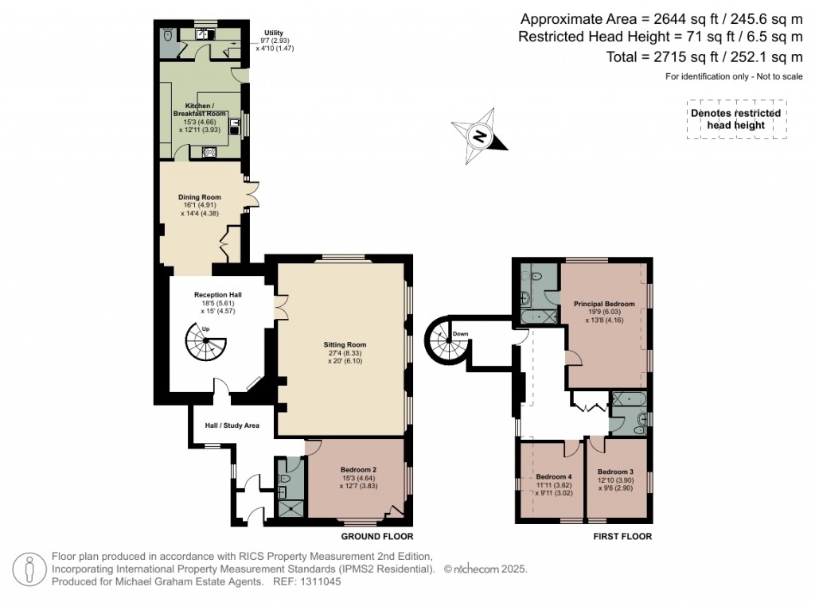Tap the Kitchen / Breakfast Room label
click(199, 110)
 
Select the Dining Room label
click(200, 197)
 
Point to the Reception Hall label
click(217, 295)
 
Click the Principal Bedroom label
click(604, 304)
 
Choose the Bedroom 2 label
click(358, 469)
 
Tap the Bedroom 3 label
click(616, 471)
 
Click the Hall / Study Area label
click(232, 425)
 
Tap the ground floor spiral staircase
click(206, 344)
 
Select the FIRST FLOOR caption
click(622, 537)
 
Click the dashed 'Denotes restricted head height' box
click(736, 119)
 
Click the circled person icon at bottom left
click(30, 569)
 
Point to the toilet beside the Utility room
click(167, 35)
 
